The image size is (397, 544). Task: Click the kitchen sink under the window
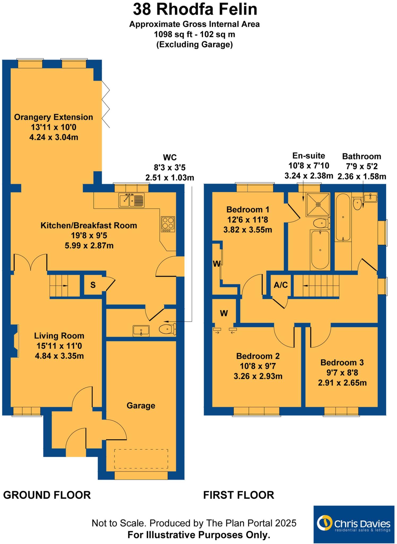(131, 200)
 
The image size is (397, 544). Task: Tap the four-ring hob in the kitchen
(168, 223)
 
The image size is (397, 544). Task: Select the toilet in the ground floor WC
(167, 329)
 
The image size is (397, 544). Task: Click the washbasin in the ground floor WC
(141, 331)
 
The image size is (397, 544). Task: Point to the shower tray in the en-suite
(318, 205)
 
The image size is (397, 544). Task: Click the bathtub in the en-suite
(320, 250)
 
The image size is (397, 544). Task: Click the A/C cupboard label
(281, 285)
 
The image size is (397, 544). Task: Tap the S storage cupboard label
(93, 285)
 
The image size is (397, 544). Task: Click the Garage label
(141, 406)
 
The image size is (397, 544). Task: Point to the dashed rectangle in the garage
(141, 459)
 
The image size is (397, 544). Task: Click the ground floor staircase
(65, 286)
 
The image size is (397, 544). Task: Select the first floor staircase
(316, 286)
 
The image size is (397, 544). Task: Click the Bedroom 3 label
(342, 363)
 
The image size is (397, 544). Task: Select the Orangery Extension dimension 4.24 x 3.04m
(54, 137)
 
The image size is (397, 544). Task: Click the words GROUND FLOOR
(47, 495)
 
